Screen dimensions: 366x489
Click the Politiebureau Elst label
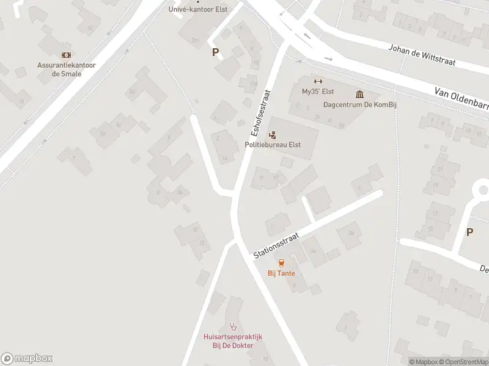pos(272,145)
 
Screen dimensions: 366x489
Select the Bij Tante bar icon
pos(281,263)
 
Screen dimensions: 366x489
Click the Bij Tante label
pos(281,273)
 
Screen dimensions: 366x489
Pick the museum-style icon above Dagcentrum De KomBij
pos(359,94)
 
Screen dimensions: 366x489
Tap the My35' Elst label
pos(317,92)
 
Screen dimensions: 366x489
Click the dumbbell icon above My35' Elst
pos(317,81)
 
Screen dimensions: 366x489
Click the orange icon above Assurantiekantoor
pos(65,54)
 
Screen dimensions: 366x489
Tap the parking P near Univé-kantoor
pos(215,52)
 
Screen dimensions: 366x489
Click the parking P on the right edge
pos(469,232)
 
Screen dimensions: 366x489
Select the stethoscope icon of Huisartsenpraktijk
pos(232,326)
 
